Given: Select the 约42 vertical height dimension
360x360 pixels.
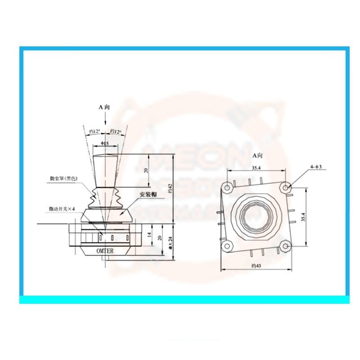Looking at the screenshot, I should pyautogui.click(x=170, y=189).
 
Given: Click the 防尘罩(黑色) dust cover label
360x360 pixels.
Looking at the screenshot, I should pyautogui.click(x=64, y=179).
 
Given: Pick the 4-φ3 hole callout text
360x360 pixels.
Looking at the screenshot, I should pyautogui.click(x=316, y=167).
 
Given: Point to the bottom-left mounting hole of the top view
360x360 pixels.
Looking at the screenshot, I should pyautogui.click(x=228, y=245).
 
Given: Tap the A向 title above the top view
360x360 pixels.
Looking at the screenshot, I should pyautogui.click(x=257, y=155).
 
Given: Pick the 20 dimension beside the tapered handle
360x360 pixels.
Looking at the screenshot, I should pyautogui.click(x=145, y=171).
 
